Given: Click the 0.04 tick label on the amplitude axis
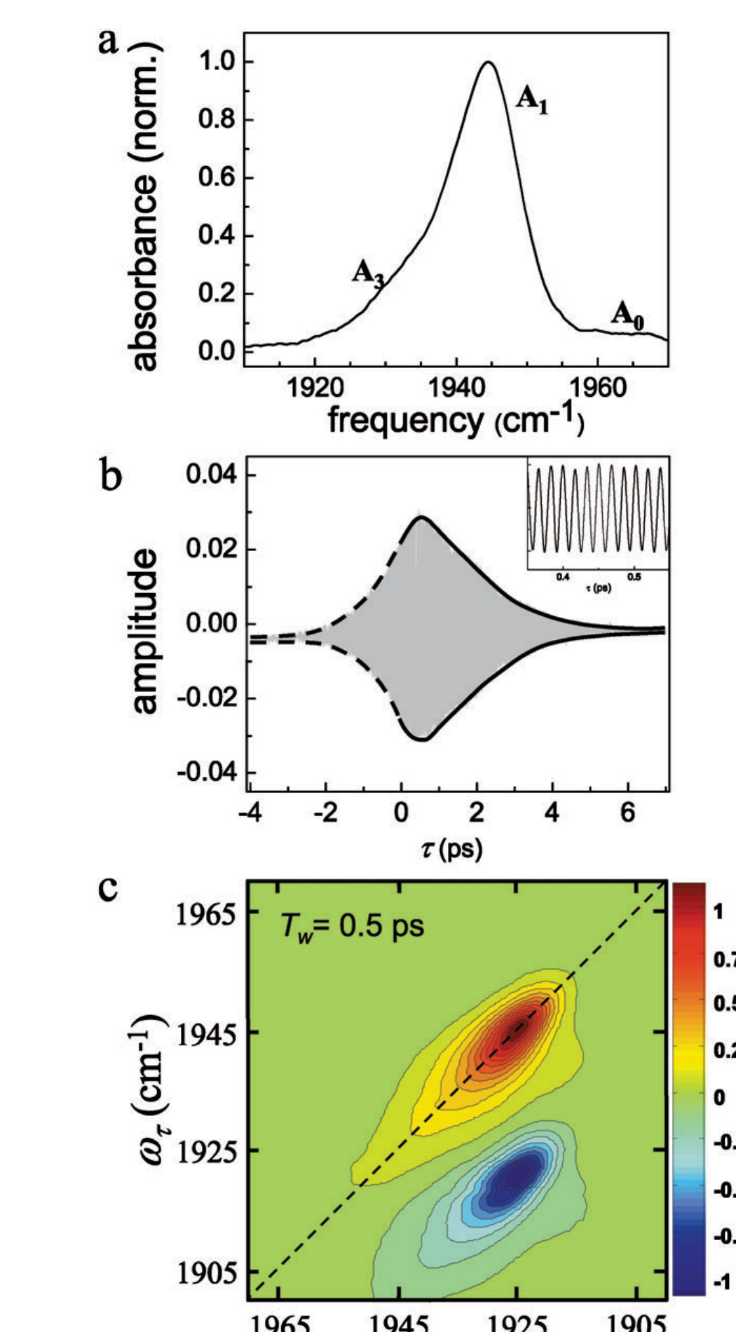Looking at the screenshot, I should tap(211, 475).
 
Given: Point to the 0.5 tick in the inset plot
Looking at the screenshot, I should tap(634, 577).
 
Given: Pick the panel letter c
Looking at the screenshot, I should tap(109, 888).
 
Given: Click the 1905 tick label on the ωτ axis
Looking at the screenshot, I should tap(199, 1272).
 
